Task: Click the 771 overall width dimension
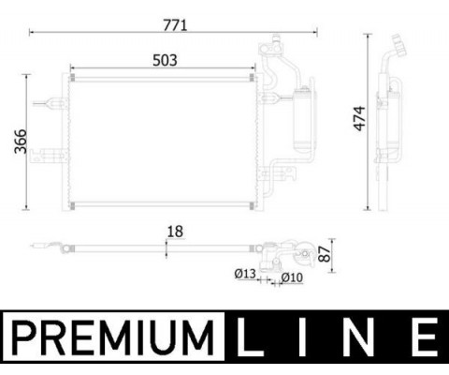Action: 175,25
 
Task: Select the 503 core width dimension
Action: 165,60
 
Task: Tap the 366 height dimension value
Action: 21,142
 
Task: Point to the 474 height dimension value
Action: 359,118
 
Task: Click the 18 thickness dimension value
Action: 175,232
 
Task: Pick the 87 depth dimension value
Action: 325,254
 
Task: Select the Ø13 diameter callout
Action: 245,274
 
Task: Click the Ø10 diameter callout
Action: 292,277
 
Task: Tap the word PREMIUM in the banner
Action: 113,337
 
